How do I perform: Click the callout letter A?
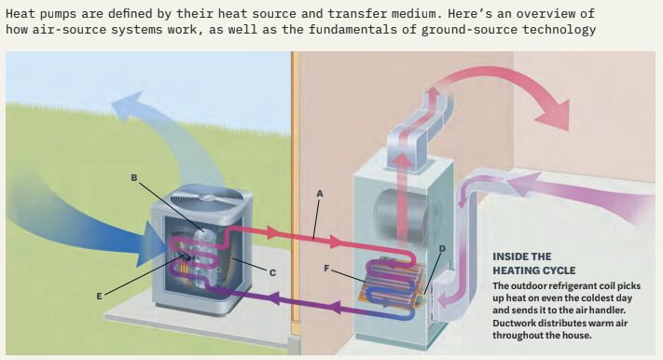coord(320,194)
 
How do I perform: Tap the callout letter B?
coord(134,178)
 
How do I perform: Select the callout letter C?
coord(272,273)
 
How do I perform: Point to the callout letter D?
coord(442,249)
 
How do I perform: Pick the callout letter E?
coord(100,297)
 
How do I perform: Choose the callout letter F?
coord(326,269)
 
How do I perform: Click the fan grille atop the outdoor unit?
coord(207,198)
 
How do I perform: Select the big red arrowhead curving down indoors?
coord(554,114)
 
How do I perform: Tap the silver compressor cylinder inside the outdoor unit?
coord(204,259)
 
